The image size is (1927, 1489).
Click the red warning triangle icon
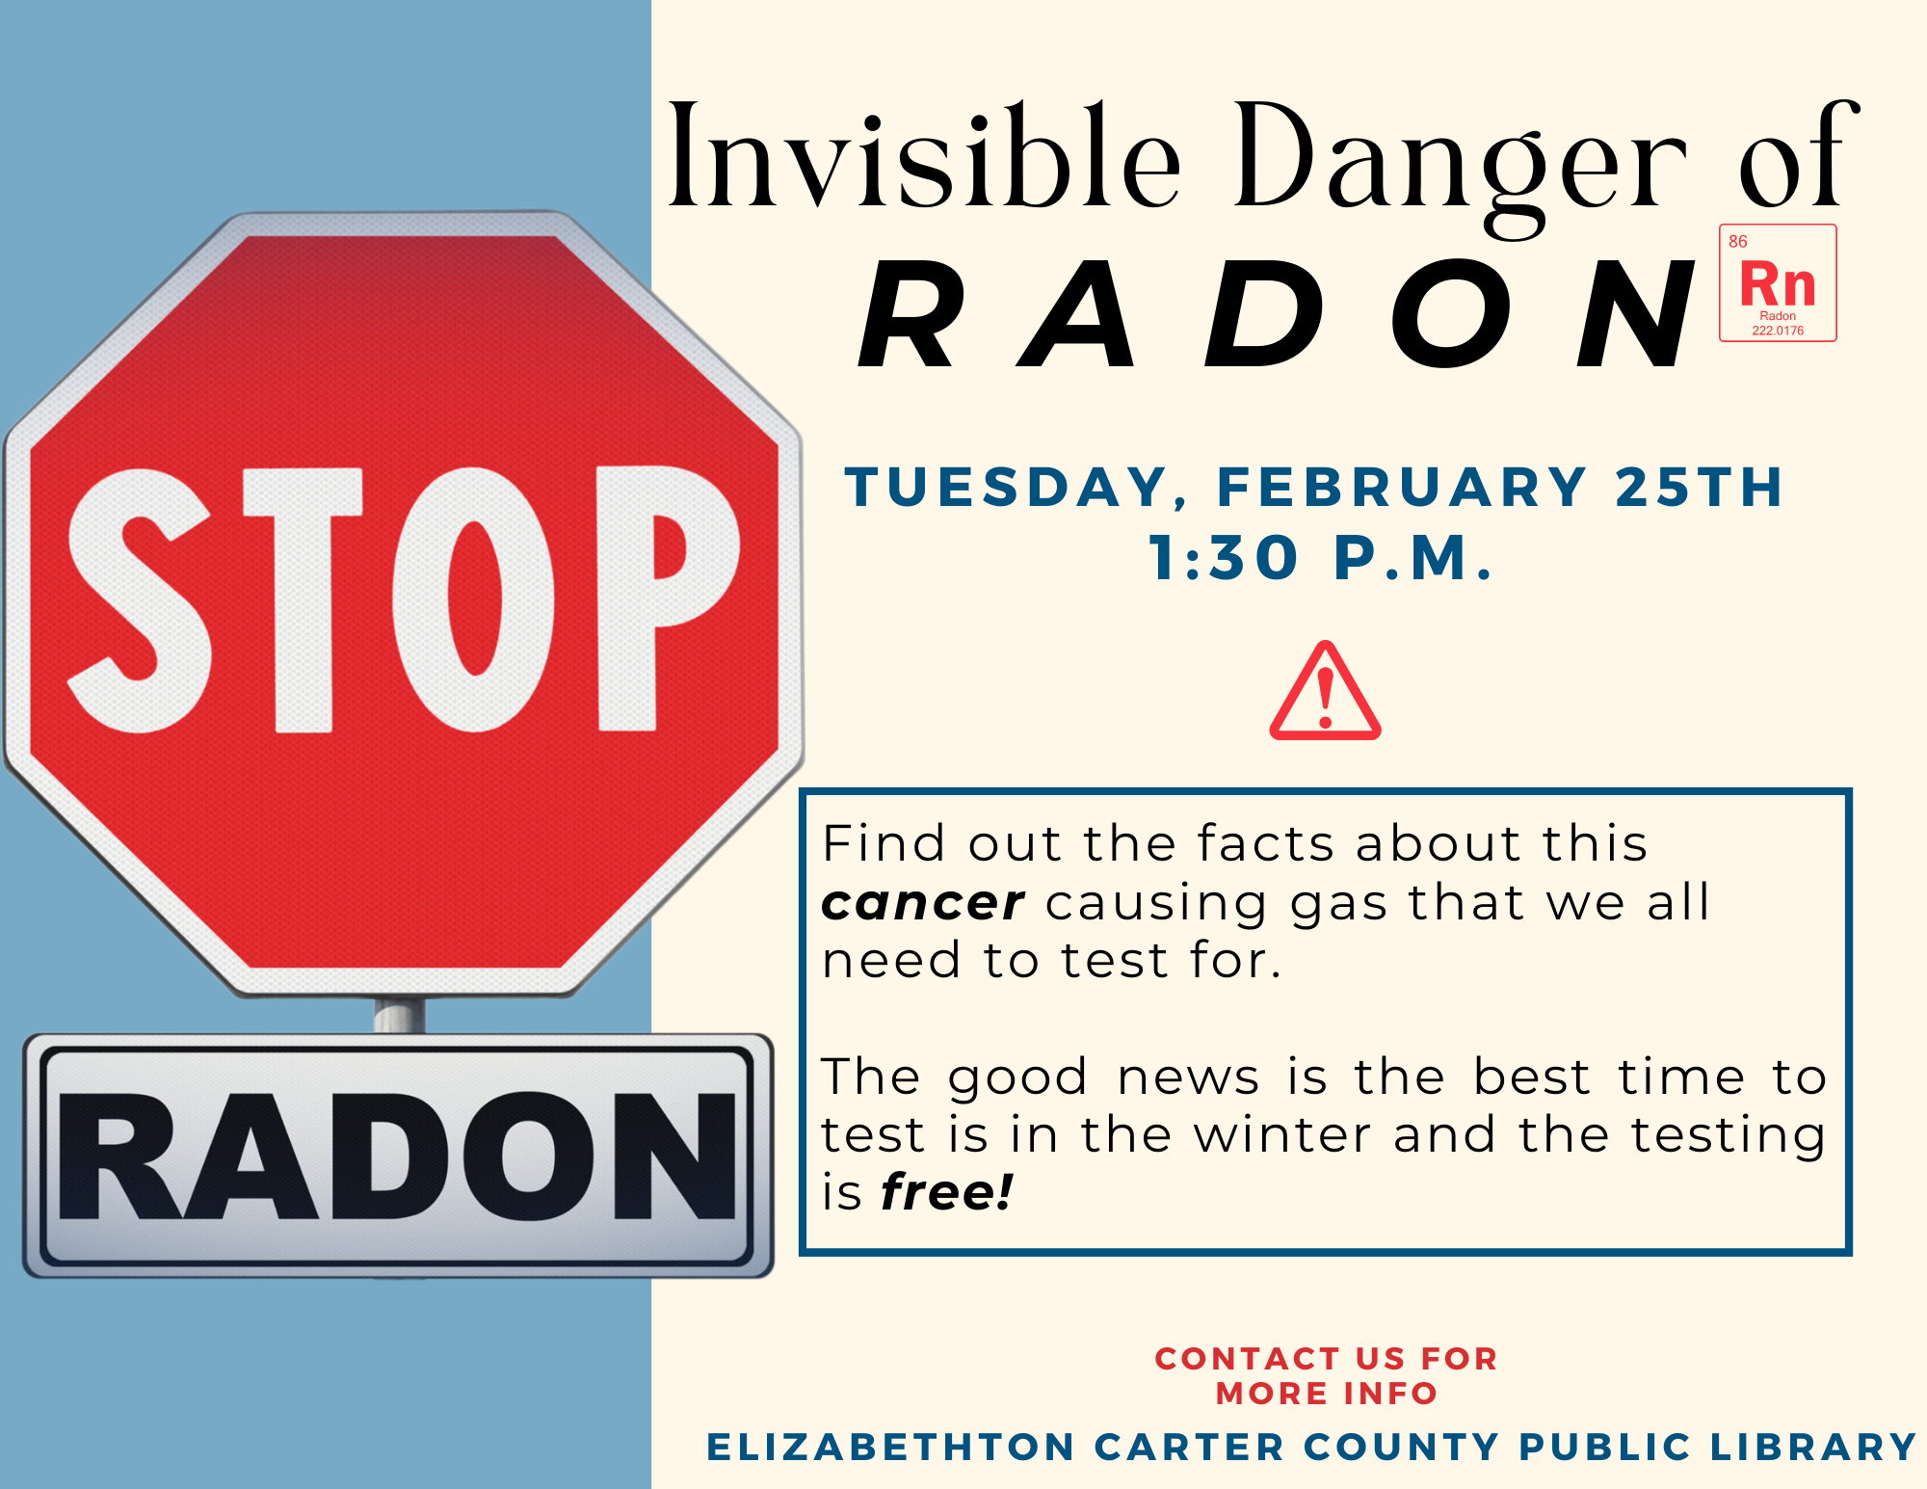(x=1325, y=694)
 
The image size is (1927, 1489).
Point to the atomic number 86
(x=1737, y=242)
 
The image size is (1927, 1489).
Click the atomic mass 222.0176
(x=1778, y=331)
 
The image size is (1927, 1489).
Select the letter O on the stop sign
(x=473, y=598)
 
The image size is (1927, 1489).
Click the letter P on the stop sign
(x=665, y=598)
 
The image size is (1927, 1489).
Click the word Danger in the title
(x=1460, y=159)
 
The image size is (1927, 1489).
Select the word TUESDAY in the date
(x=1007, y=487)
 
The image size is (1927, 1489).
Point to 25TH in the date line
(x=1699, y=487)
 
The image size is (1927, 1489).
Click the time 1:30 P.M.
(x=1321, y=558)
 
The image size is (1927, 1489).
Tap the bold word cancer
(x=922, y=903)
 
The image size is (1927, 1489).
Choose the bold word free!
(x=946, y=1192)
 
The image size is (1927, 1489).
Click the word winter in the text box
(x=1281, y=1134)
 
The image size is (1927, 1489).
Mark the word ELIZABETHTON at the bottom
(x=890, y=1447)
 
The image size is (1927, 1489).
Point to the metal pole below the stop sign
(x=399, y=1015)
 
